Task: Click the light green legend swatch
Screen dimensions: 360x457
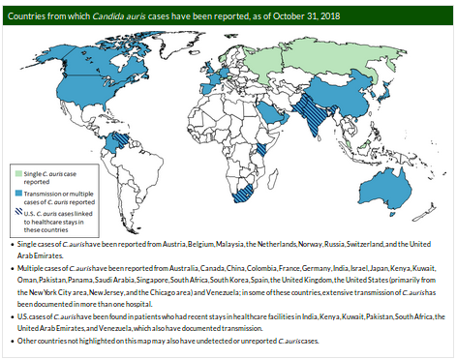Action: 17,172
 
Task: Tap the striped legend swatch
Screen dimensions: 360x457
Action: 17,211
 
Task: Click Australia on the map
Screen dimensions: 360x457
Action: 395,183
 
